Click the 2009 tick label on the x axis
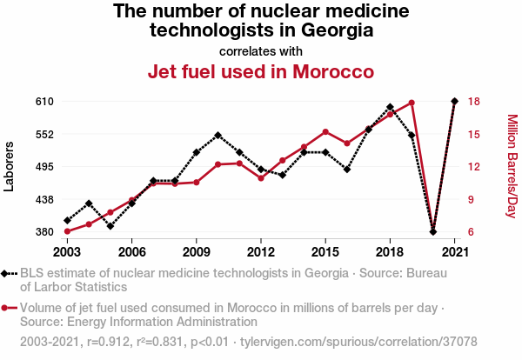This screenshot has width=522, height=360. point(196,251)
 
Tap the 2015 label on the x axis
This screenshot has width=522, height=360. point(325,251)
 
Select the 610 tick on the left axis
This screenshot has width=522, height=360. point(45,102)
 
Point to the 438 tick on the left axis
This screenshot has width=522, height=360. point(45,199)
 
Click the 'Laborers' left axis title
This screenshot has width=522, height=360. point(10,166)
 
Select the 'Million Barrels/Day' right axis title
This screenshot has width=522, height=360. point(512,166)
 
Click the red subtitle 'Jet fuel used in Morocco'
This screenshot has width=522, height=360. point(261,70)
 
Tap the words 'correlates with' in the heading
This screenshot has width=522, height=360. point(261,50)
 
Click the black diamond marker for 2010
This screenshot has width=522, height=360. point(217,136)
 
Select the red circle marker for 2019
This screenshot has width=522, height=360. point(412,103)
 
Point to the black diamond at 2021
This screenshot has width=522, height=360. point(454,101)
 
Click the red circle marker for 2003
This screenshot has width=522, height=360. point(67,231)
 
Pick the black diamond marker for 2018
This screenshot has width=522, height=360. point(390,107)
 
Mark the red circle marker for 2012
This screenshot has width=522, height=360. point(261,178)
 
